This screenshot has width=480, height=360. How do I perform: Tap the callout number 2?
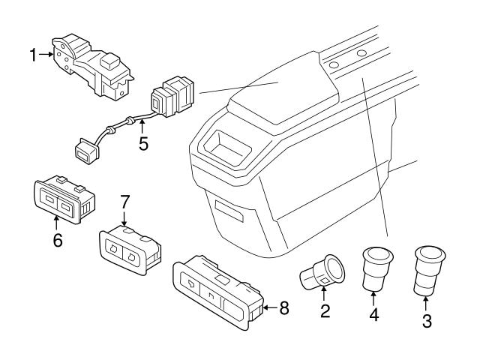325,311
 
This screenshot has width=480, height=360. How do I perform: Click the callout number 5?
142,143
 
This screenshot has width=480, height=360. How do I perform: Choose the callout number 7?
125,202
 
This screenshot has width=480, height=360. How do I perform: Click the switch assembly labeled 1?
94,65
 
